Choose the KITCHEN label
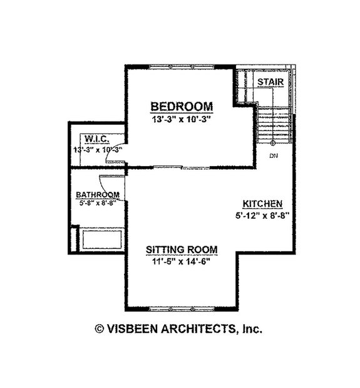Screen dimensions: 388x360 point(264,204)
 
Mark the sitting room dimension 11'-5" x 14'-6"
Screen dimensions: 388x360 point(182,261)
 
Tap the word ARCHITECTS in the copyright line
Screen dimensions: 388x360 point(197,328)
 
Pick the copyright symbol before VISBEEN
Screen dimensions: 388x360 point(99,328)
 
